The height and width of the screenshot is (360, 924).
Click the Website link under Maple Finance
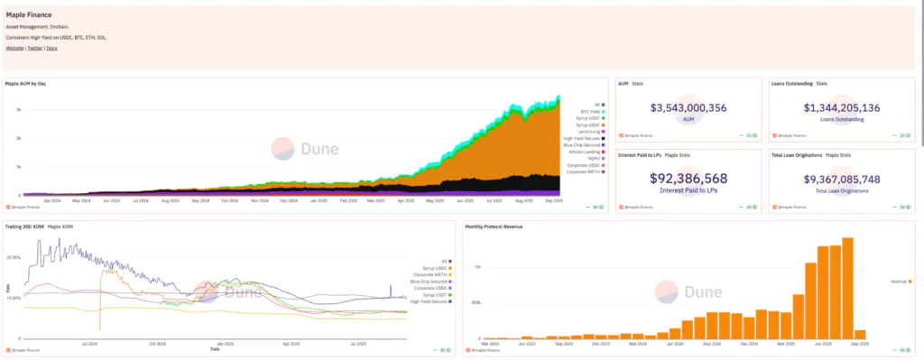click(x=15, y=48)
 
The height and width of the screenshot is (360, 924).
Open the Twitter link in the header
click(x=35, y=48)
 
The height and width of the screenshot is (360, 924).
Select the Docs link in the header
click(x=51, y=48)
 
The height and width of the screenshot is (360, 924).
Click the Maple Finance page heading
click(x=28, y=15)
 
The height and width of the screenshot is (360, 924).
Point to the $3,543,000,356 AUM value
click(x=688, y=108)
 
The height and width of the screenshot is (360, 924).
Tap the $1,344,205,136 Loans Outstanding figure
click(x=841, y=108)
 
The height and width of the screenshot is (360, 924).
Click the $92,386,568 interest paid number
click(x=688, y=179)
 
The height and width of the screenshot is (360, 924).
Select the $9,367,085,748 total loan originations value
click(x=841, y=179)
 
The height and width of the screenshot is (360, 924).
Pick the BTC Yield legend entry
click(x=591, y=112)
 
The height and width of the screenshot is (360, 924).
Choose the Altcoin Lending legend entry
click(x=587, y=151)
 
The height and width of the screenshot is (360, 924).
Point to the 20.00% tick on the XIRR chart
click(x=14, y=257)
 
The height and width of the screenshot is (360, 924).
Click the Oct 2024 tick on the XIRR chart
click(x=158, y=343)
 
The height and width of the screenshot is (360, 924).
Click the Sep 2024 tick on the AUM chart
click(x=201, y=200)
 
